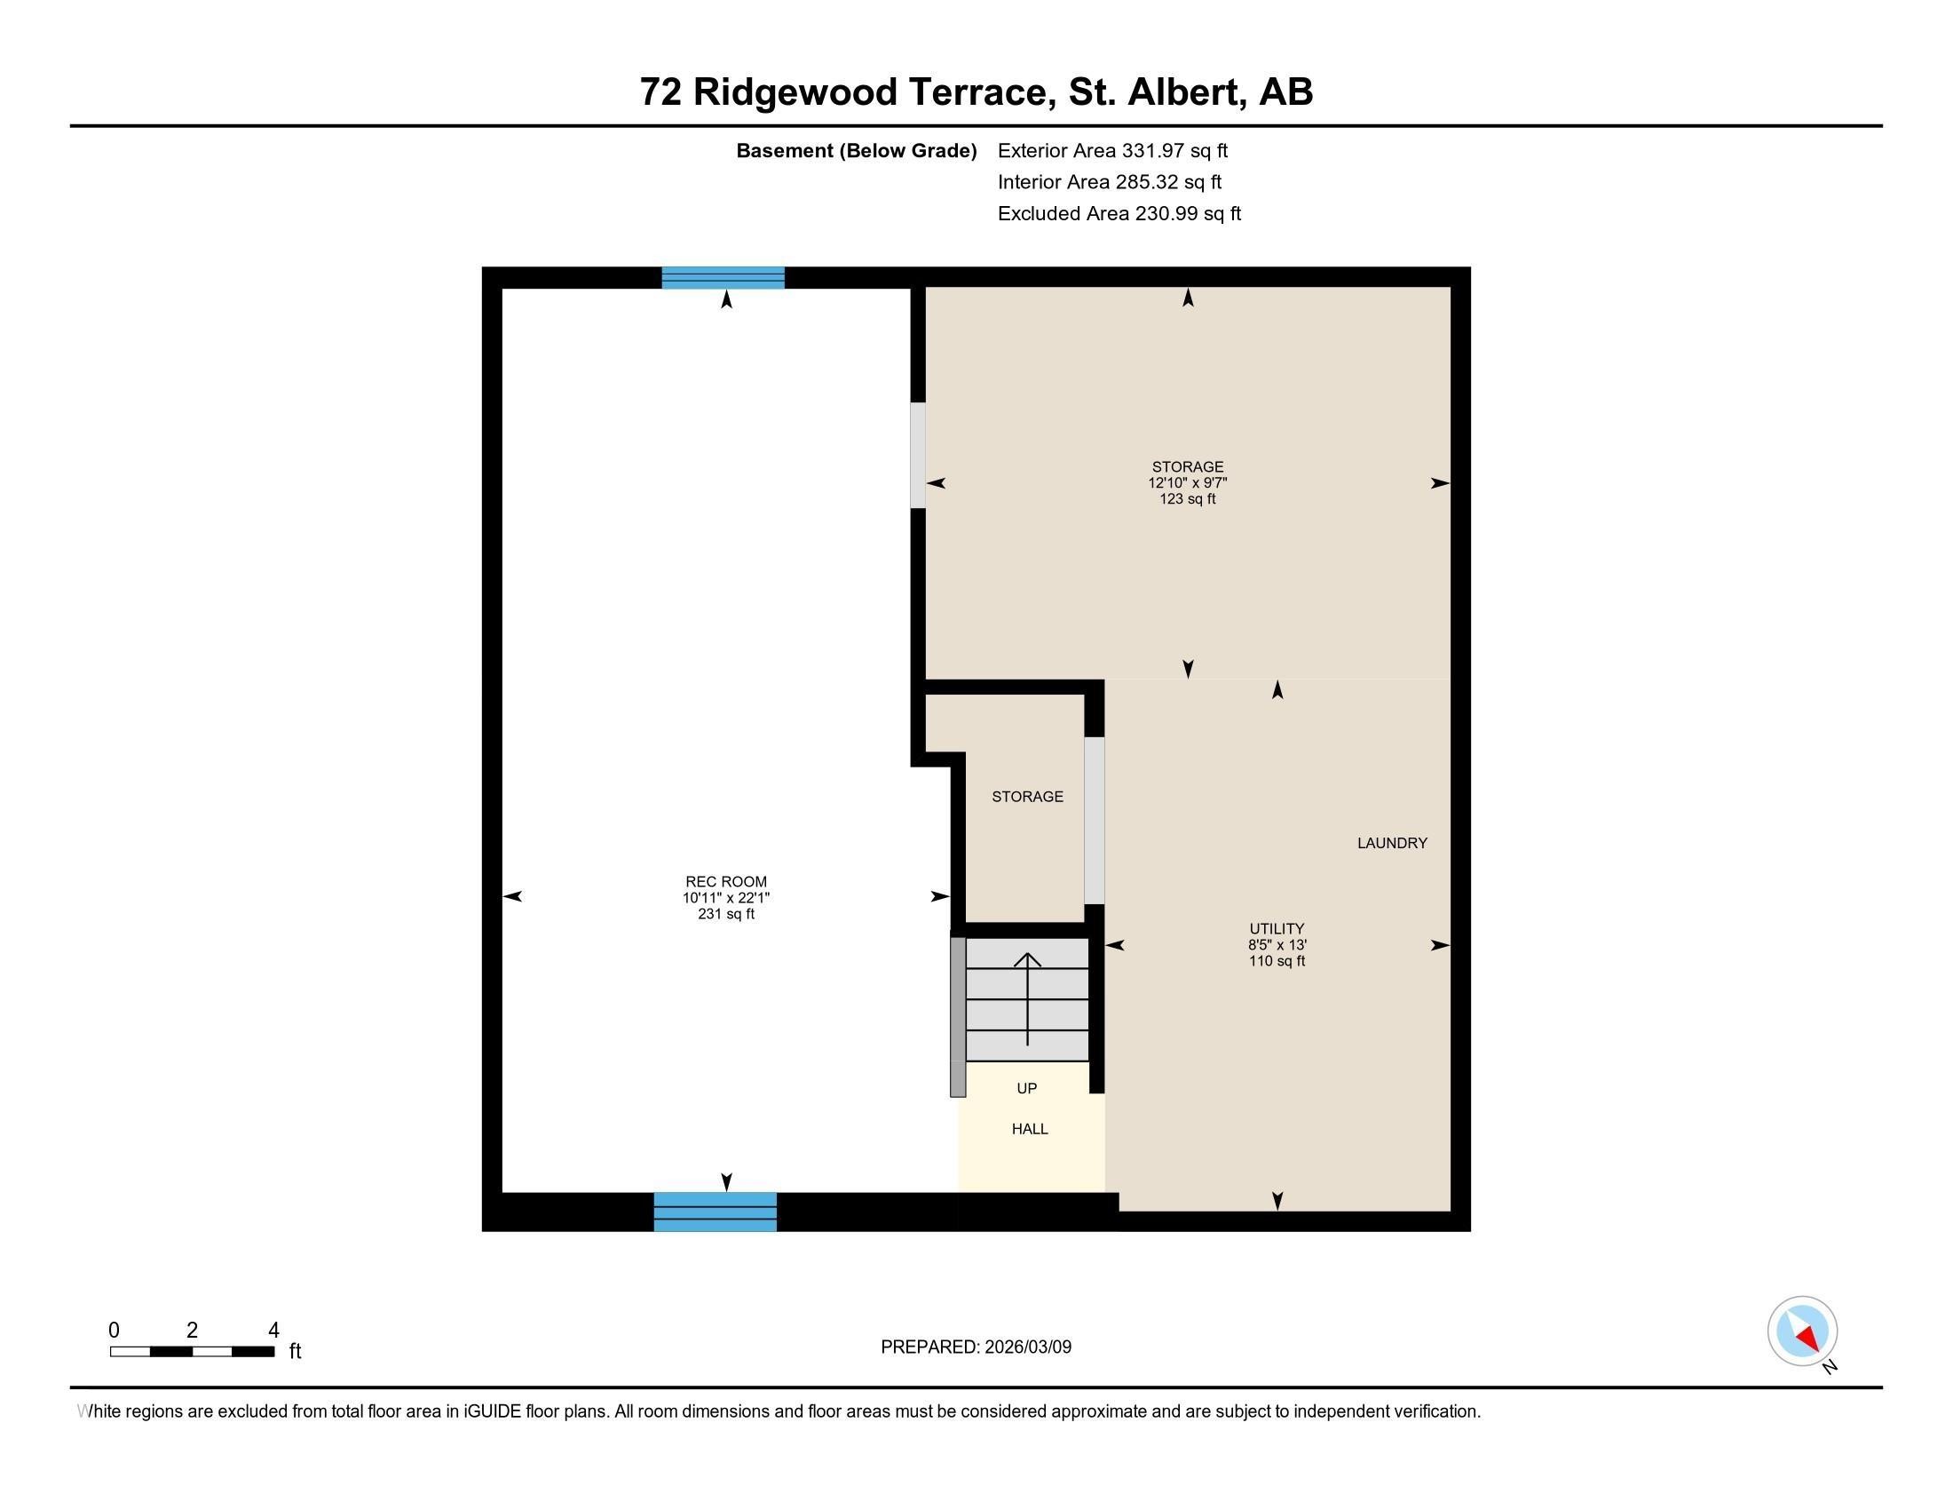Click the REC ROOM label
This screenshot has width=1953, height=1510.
coord(725,881)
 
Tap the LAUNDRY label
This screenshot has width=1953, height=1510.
coord(1391,843)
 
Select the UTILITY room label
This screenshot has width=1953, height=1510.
coord(1276,928)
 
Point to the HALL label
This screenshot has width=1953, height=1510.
coord(1029,1129)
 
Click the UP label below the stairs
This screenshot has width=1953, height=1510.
coord(1026,1089)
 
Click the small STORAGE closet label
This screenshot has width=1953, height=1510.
coord(1026,796)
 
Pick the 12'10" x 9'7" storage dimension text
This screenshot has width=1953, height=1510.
coord(1187,483)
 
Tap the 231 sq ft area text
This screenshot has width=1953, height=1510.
coord(725,914)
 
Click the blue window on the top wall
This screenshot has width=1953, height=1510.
coord(723,278)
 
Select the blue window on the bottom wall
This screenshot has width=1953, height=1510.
coord(715,1212)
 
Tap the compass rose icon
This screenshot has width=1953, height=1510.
coord(1801,1331)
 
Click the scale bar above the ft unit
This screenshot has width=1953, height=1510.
coord(192,1351)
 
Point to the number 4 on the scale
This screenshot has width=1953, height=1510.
coord(273,1331)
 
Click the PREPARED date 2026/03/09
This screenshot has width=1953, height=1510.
coord(975,1347)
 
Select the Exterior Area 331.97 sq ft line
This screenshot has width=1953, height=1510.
coord(1112,151)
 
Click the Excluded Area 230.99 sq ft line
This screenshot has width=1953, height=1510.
coord(1119,214)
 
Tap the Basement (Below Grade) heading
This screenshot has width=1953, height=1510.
coord(856,151)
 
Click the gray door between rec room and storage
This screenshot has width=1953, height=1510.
coord(918,456)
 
